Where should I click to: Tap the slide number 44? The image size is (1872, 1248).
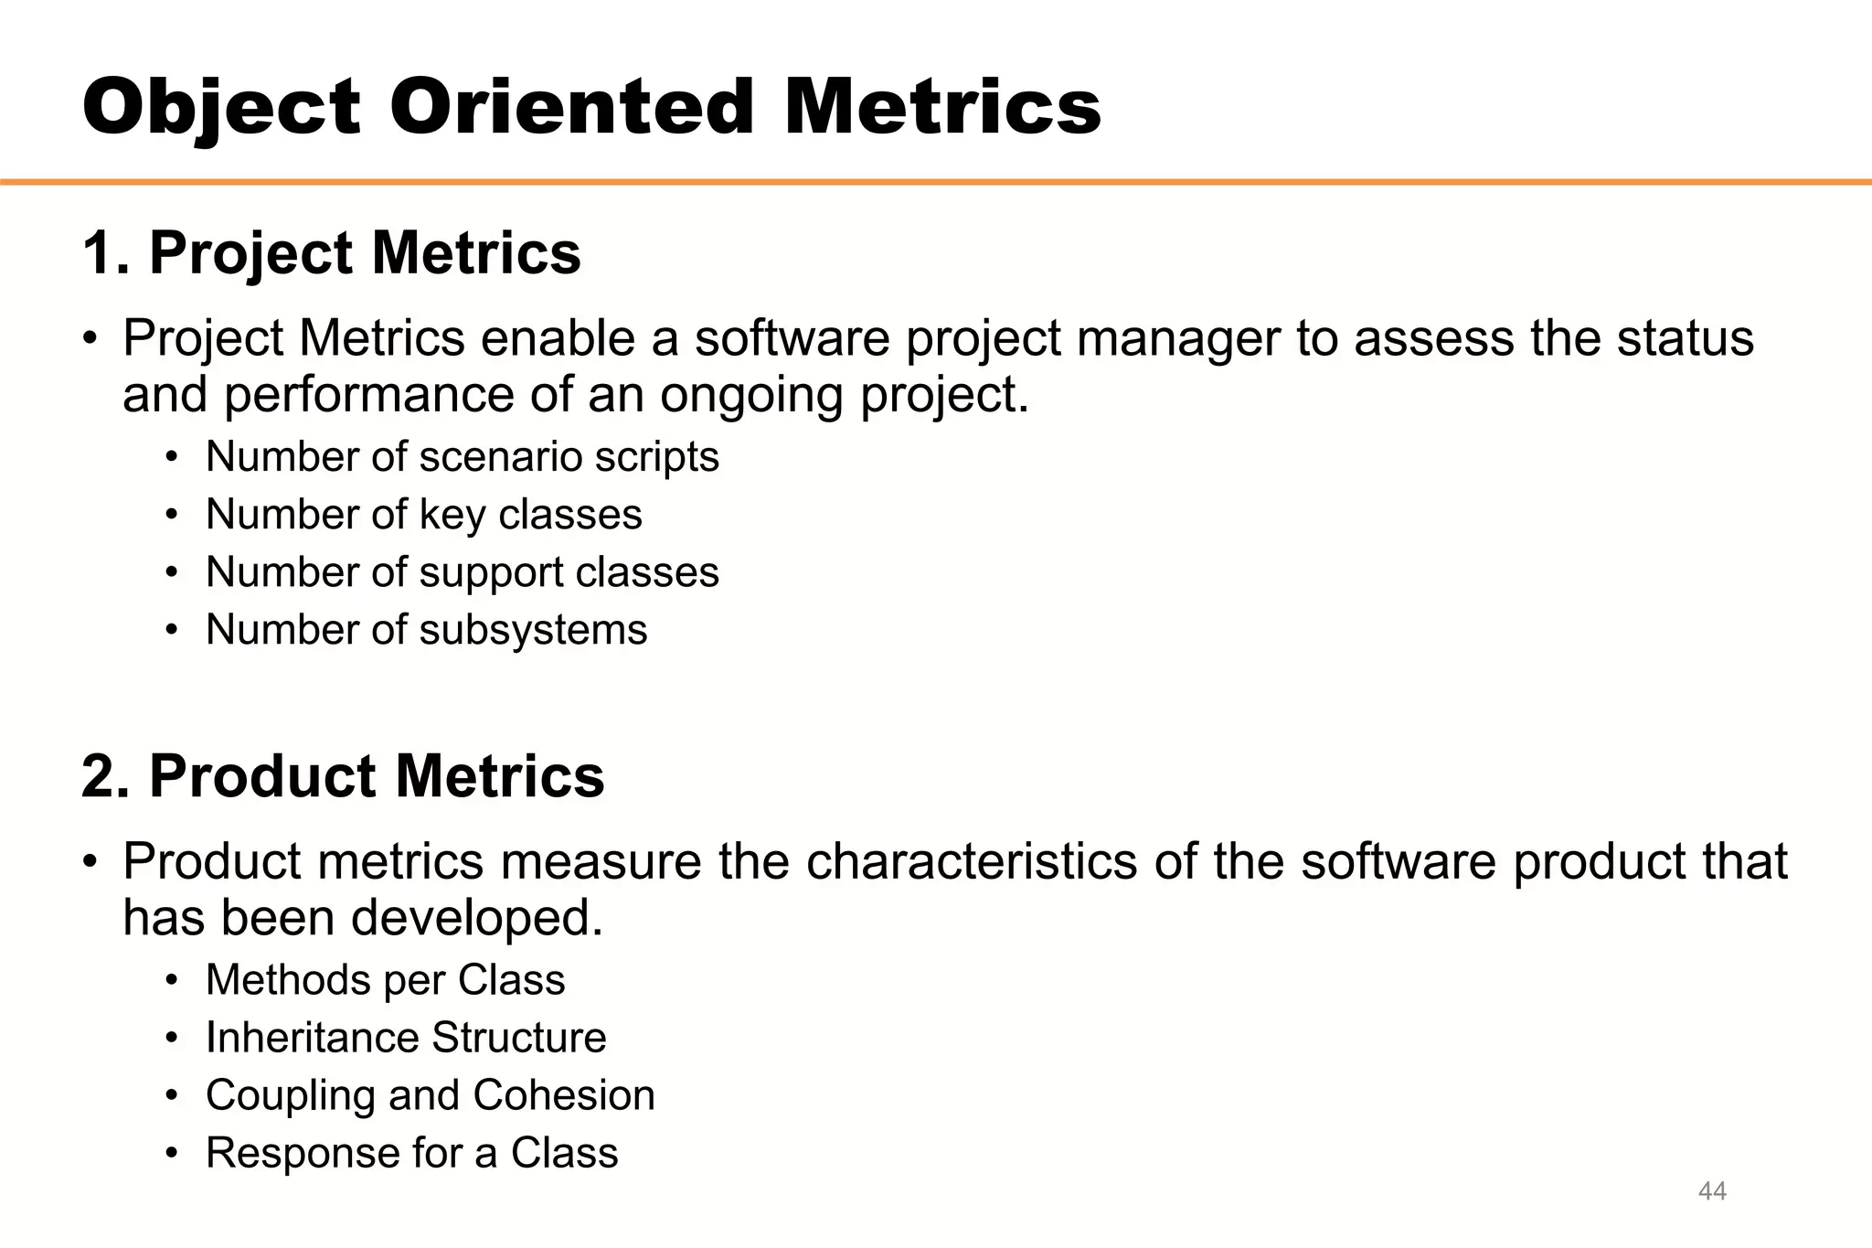tap(1711, 1191)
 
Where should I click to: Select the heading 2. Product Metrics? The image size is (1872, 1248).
tap(343, 776)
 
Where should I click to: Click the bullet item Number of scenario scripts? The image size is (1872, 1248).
tap(462, 456)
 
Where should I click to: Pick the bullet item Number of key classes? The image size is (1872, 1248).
tap(423, 514)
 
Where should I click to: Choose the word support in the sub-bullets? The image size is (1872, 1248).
tap(491, 573)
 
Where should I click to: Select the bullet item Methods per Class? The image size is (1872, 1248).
tap(385, 980)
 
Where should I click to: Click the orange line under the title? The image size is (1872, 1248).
tap(936, 183)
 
